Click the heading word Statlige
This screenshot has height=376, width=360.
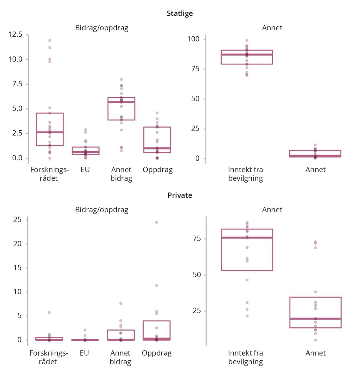coord(180,14)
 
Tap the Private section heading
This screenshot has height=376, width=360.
coord(180,195)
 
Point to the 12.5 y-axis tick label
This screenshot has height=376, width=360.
coord(15,35)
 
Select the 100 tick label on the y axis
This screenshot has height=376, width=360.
coord(193,39)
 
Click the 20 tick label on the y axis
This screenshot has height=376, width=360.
coord(17,244)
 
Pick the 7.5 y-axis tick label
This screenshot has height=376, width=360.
coord(17,84)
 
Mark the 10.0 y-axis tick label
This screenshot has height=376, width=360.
coord(15,59)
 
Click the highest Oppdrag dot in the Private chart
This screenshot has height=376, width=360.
coord(157,223)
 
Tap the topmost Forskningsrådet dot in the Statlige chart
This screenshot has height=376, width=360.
coord(50,41)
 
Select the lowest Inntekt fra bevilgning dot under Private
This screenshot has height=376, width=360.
coord(247,316)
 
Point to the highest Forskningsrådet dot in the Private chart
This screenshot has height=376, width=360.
coord(49,313)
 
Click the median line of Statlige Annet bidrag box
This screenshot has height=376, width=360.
coord(121,102)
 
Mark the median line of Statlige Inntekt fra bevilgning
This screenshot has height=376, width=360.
coord(247,55)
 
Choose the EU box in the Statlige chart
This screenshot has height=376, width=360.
coord(85,150)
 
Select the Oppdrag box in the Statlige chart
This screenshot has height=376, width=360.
coord(157,140)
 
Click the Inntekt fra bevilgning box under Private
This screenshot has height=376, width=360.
coord(247,250)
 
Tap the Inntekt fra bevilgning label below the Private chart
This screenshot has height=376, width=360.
coord(245,357)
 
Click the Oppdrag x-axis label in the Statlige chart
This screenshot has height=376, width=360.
coord(157,170)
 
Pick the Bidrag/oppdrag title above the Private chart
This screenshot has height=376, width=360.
coord(102,210)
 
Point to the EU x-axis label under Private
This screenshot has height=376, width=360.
coord(84,353)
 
